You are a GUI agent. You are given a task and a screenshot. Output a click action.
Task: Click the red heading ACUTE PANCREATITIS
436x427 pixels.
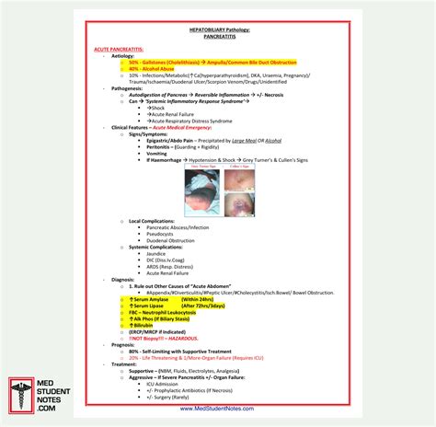click(119, 48)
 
